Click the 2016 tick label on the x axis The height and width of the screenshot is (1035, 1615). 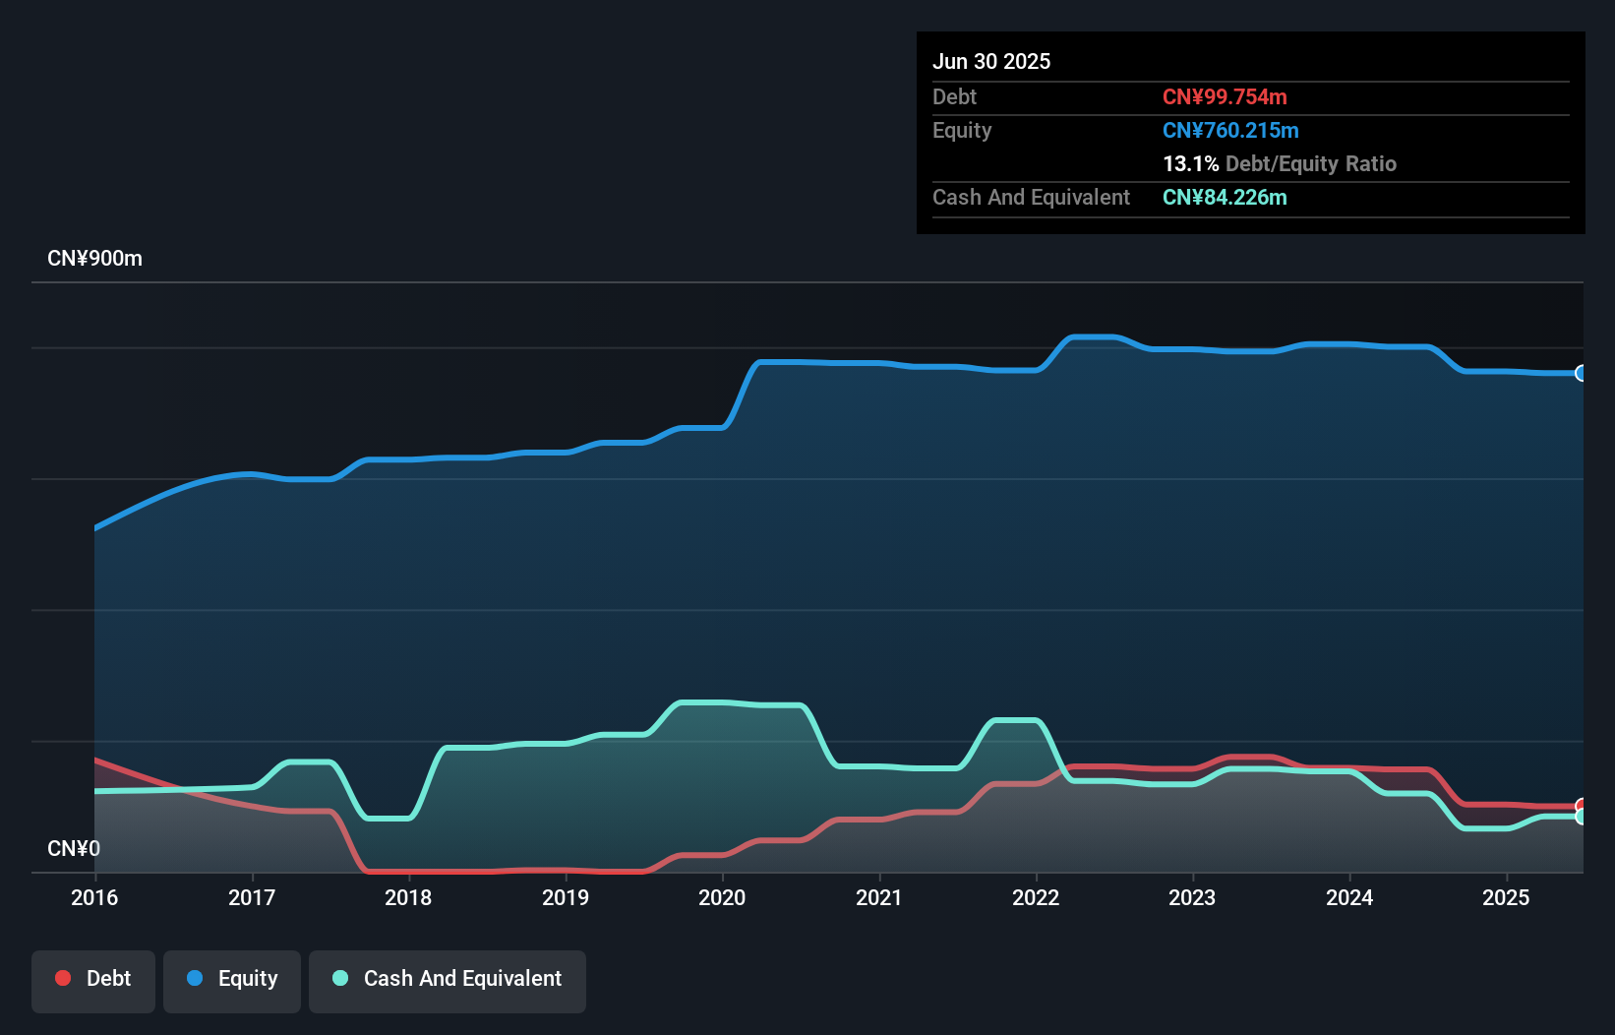[x=94, y=897]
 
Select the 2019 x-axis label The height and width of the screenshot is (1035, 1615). [x=566, y=897]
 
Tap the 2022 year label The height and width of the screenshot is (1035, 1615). [x=1036, y=897]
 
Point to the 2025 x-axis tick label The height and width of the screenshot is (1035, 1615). [x=1506, y=897]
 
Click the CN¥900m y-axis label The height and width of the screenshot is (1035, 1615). [x=94, y=259]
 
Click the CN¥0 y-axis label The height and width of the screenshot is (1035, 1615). [x=74, y=848]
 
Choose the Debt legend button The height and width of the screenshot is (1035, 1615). [x=93, y=979]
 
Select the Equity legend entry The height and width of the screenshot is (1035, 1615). [x=232, y=979]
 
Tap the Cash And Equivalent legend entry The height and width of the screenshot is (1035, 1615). [x=448, y=979]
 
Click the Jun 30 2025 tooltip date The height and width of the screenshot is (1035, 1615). [x=991, y=62]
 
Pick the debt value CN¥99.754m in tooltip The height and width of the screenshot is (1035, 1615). [x=1225, y=97]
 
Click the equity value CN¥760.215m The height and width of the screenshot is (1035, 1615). [x=1230, y=131]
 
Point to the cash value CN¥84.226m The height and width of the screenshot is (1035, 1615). [x=1225, y=198]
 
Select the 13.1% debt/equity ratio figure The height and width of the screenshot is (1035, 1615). [x=1190, y=164]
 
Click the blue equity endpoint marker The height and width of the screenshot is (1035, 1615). [x=1582, y=373]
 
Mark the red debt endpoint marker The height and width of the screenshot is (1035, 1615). [x=1582, y=806]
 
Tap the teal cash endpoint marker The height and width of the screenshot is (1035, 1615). [x=1582, y=817]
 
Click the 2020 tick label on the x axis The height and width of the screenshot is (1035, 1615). [x=722, y=897]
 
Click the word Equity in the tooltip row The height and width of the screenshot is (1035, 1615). [x=962, y=131]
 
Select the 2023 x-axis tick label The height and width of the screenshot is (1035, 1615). [x=1192, y=897]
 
